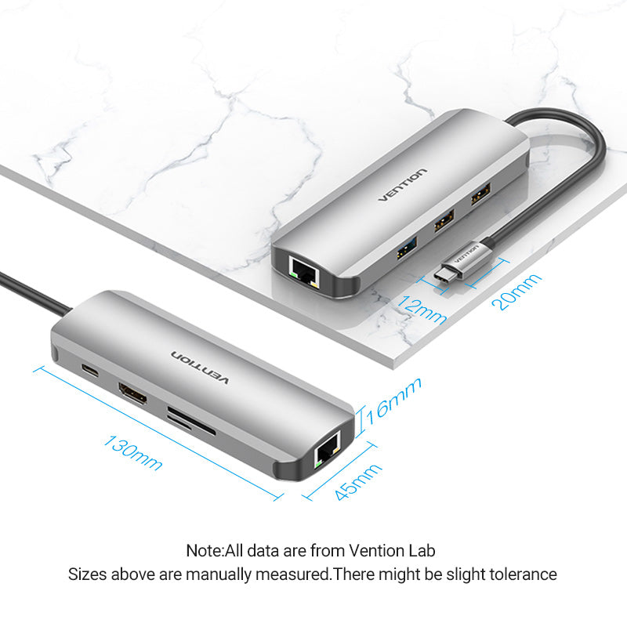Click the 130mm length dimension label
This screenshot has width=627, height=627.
132,451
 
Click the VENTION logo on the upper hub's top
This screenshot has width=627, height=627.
403,185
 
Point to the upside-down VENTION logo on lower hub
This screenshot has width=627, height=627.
200,368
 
